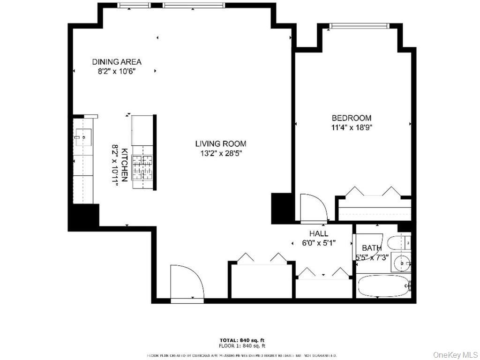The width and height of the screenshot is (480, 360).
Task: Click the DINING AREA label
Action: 116,61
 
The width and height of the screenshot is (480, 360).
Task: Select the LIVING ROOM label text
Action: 220,144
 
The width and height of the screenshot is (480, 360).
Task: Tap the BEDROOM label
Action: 352,118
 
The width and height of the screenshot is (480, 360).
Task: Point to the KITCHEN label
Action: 125,165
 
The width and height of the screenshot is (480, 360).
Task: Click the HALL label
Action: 318,233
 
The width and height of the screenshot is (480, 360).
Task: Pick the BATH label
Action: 371,248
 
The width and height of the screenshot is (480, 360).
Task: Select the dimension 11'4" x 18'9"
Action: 352,127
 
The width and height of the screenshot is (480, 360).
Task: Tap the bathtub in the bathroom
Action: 383,285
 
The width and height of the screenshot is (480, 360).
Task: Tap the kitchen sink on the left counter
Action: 79,138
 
